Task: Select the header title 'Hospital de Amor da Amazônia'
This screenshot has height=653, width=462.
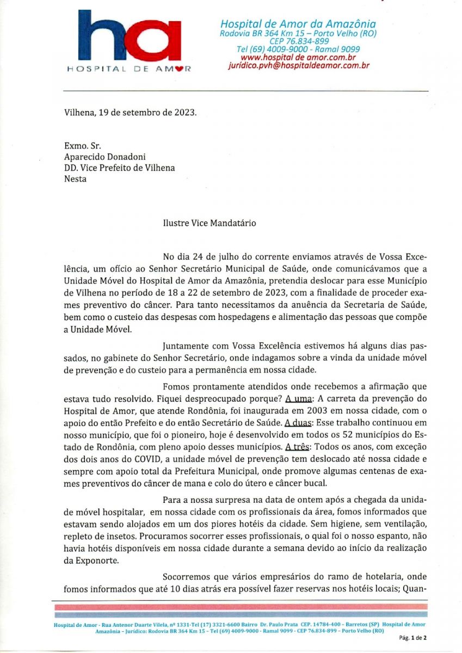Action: point(298,24)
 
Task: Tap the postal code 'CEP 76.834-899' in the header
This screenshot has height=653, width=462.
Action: point(298,41)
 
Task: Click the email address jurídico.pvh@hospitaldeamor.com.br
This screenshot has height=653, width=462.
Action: point(298,65)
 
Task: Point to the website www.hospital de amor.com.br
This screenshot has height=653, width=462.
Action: point(298,57)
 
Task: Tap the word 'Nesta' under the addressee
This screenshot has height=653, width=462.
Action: point(75,178)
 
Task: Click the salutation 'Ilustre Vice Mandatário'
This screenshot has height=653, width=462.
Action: point(209,223)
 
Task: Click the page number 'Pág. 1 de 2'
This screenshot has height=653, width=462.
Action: point(413,637)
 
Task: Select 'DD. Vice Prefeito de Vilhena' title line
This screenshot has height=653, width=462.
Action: point(119,168)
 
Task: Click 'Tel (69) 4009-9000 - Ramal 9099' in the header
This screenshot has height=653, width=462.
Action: point(298,50)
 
